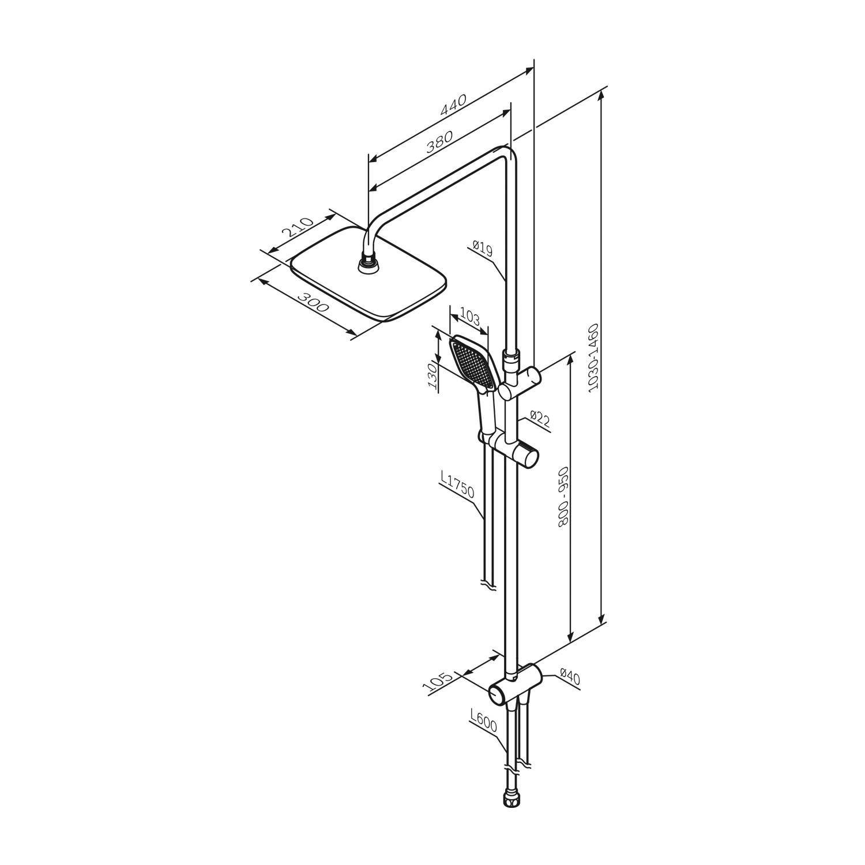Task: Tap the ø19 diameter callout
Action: click(x=482, y=249)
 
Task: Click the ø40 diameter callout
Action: click(x=569, y=676)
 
